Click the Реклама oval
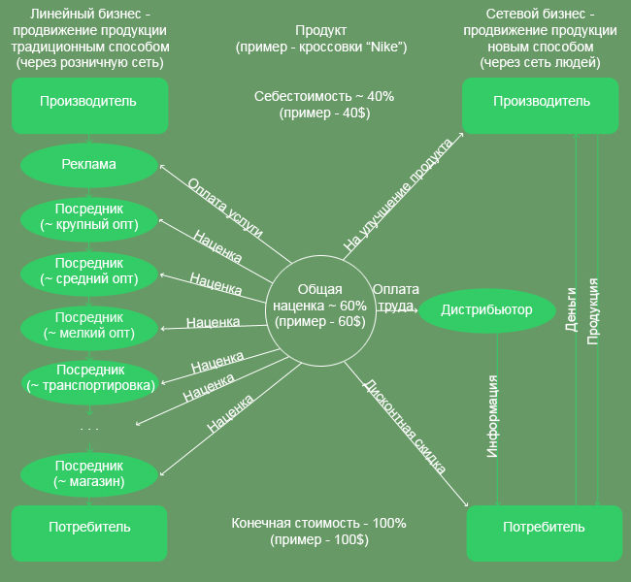click(x=88, y=164)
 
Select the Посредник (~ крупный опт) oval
click(x=88, y=216)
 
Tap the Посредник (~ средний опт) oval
click(x=88, y=271)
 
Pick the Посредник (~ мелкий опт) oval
click(x=88, y=325)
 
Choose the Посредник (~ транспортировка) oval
click(x=88, y=378)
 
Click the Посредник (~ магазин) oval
click(x=88, y=473)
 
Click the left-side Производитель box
click(x=88, y=102)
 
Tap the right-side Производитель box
click(x=541, y=102)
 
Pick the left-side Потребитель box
click(x=88, y=527)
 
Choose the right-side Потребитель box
click(x=543, y=528)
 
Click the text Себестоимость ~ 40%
click(x=323, y=97)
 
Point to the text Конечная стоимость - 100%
click(x=318, y=523)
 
